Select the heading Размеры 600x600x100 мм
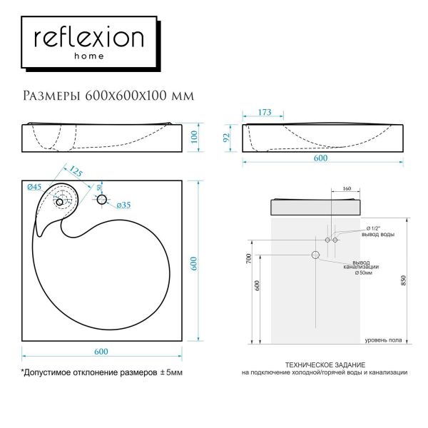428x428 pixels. click(107, 95)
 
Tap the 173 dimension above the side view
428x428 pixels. click(265, 113)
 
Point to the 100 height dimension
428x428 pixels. click(193, 137)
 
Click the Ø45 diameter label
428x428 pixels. click(34, 187)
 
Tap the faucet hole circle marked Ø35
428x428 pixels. click(101, 200)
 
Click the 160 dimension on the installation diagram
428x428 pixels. click(346, 190)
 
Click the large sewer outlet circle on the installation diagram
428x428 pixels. click(315, 255)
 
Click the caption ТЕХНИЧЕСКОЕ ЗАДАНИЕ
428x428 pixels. click(325, 364)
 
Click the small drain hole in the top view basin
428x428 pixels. click(59, 203)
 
